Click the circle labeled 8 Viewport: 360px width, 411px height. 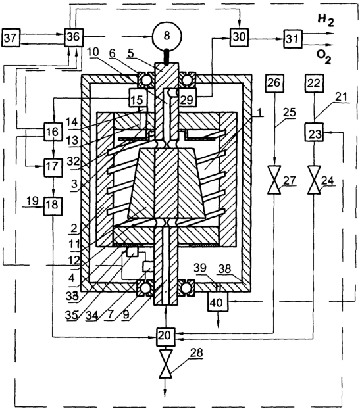pyautogui.click(x=167, y=36)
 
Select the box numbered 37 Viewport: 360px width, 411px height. pyautogui.click(x=11, y=37)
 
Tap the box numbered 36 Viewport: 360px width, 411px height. pyautogui.click(x=74, y=37)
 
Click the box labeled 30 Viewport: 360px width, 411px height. pyautogui.click(x=239, y=37)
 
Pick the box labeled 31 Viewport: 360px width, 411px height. pyautogui.click(x=293, y=39)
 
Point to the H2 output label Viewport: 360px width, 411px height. pyautogui.click(x=326, y=20)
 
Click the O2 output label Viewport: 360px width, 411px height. pyautogui.click(x=324, y=57)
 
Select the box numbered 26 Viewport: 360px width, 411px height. pyautogui.click(x=274, y=83)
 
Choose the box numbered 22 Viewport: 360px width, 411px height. pyautogui.click(x=315, y=84)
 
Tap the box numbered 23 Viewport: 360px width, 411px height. pyautogui.click(x=315, y=132)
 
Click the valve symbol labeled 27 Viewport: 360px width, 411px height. pyautogui.click(x=274, y=180)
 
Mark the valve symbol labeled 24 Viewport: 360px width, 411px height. pyautogui.click(x=314, y=180)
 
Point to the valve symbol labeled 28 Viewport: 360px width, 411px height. pyautogui.click(x=166, y=364)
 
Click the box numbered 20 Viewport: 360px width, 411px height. pyautogui.click(x=165, y=336)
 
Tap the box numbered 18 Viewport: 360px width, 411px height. pyautogui.click(x=53, y=206)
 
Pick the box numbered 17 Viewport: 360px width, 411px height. pyautogui.click(x=53, y=168)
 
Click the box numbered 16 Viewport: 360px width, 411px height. pyautogui.click(x=53, y=132)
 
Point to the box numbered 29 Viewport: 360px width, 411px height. pyautogui.click(x=187, y=98)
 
